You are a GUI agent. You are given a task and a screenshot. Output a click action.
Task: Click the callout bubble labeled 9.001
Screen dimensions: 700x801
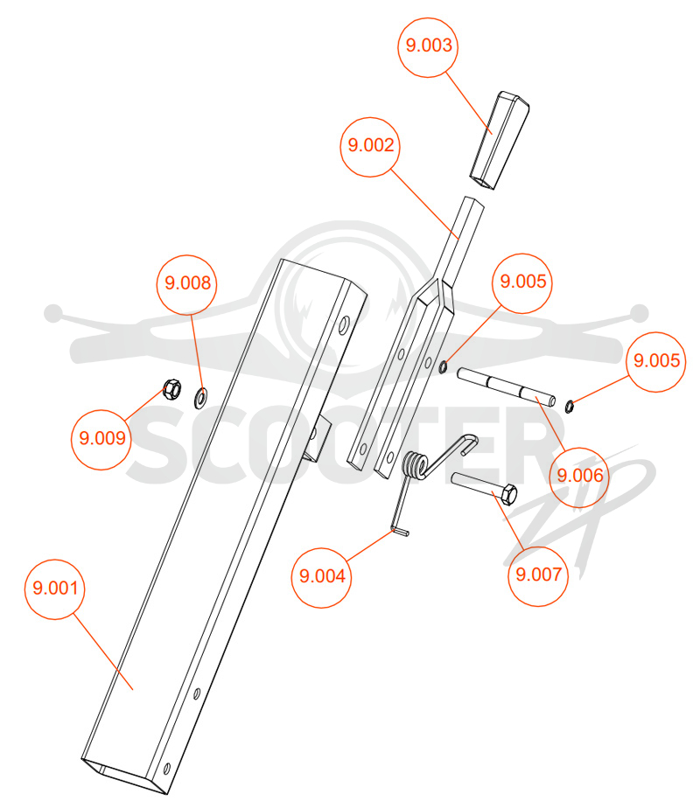(55, 589)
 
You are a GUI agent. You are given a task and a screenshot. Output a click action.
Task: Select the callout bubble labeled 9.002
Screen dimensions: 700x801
(370, 147)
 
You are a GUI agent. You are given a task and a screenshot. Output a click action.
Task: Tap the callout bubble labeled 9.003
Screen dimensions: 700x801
(428, 47)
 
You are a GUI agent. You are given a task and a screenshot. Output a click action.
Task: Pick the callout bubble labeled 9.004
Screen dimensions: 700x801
(321, 578)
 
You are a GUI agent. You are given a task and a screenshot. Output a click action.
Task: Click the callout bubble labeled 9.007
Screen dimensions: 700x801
(538, 576)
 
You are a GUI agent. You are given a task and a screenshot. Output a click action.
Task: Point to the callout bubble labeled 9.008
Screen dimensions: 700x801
(187, 284)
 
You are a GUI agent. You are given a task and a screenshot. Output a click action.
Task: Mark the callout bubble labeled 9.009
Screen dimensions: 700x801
(101, 440)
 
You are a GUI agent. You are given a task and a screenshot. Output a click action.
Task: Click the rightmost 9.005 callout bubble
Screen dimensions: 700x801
(656, 362)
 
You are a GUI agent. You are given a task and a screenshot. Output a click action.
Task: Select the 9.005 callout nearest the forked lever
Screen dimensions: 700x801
(522, 283)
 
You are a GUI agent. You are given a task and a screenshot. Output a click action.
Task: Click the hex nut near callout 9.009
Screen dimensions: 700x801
(171, 390)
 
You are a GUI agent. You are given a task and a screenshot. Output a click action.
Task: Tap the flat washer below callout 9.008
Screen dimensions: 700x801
(201, 399)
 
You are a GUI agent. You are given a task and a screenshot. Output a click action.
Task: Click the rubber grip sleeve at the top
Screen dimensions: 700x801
(499, 141)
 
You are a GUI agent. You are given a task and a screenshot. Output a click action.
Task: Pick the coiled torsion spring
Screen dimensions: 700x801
(415, 466)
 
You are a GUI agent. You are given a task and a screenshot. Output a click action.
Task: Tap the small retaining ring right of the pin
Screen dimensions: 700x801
(569, 407)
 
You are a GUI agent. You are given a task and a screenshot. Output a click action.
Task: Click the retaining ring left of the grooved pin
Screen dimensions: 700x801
(444, 366)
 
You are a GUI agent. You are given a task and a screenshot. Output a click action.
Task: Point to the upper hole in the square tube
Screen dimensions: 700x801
(344, 325)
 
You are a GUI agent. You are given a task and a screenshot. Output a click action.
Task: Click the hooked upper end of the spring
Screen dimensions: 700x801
(468, 444)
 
